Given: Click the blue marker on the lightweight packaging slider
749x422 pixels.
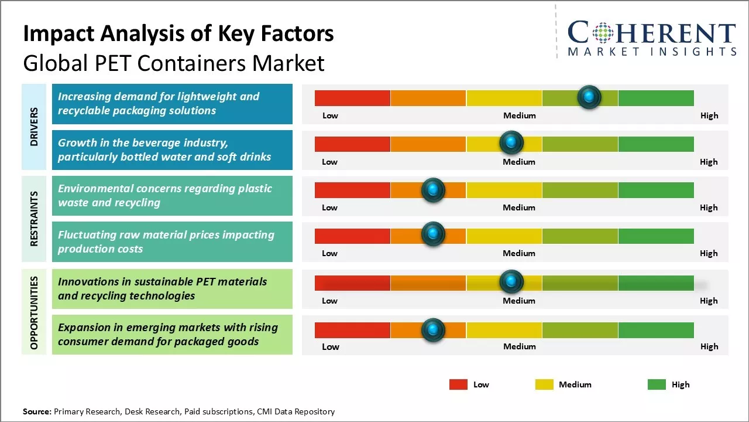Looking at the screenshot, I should click(589, 97).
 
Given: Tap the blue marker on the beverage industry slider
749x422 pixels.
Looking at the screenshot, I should click(511, 142).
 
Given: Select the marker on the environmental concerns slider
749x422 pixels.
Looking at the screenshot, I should click(433, 189).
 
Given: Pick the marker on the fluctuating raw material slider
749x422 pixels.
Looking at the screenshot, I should click(433, 234).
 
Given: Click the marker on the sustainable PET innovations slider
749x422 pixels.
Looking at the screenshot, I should click(511, 282).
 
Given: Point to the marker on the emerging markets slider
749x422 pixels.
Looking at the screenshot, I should click(433, 330).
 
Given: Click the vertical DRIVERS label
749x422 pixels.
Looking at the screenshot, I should click(34, 127).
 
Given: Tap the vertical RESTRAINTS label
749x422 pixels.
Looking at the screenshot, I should click(34, 218).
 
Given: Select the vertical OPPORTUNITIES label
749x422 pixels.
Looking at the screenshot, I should click(34, 313).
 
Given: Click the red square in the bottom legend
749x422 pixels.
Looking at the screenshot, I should click(458, 384).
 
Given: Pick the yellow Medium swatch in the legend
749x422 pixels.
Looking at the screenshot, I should click(544, 384).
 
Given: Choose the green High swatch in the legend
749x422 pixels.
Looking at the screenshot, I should click(657, 384).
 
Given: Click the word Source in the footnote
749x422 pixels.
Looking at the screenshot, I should click(37, 411).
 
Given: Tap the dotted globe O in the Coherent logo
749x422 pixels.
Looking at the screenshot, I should click(603, 33).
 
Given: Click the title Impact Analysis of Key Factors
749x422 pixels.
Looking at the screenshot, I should click(178, 33).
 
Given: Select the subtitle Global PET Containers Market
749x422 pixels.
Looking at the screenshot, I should click(173, 63).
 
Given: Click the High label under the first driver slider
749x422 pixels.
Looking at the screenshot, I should click(709, 115).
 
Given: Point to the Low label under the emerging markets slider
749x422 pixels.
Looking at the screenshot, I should click(330, 346).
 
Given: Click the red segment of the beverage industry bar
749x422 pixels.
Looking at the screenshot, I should click(352, 144).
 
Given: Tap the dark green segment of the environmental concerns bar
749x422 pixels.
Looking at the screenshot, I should click(655, 190).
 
